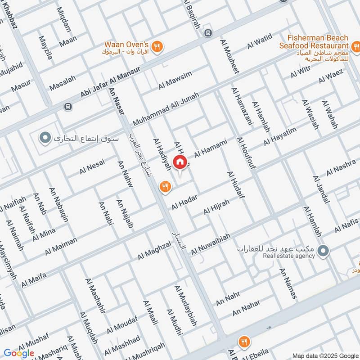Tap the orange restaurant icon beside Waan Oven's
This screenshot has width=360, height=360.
157,46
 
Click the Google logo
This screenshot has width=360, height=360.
19,353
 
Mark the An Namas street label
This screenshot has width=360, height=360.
288,283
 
